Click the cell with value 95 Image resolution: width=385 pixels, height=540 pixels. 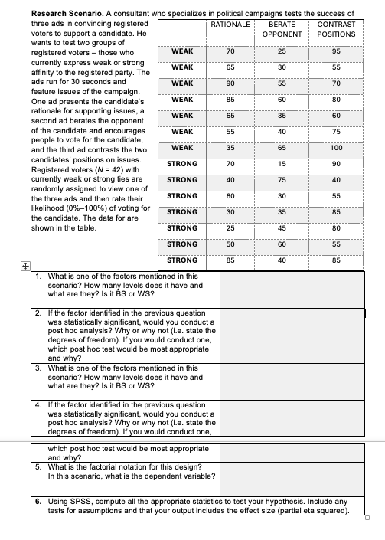(336, 51)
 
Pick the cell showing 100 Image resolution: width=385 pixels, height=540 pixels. (336, 148)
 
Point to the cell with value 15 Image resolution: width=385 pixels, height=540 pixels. (282, 164)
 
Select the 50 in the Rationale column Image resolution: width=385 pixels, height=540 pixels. (230, 244)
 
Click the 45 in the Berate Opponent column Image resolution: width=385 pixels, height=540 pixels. (282, 227)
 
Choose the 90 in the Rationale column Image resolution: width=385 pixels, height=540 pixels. (230, 83)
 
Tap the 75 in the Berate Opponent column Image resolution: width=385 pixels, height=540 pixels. (282, 180)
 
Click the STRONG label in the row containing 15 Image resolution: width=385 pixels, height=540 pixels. (182, 164)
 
